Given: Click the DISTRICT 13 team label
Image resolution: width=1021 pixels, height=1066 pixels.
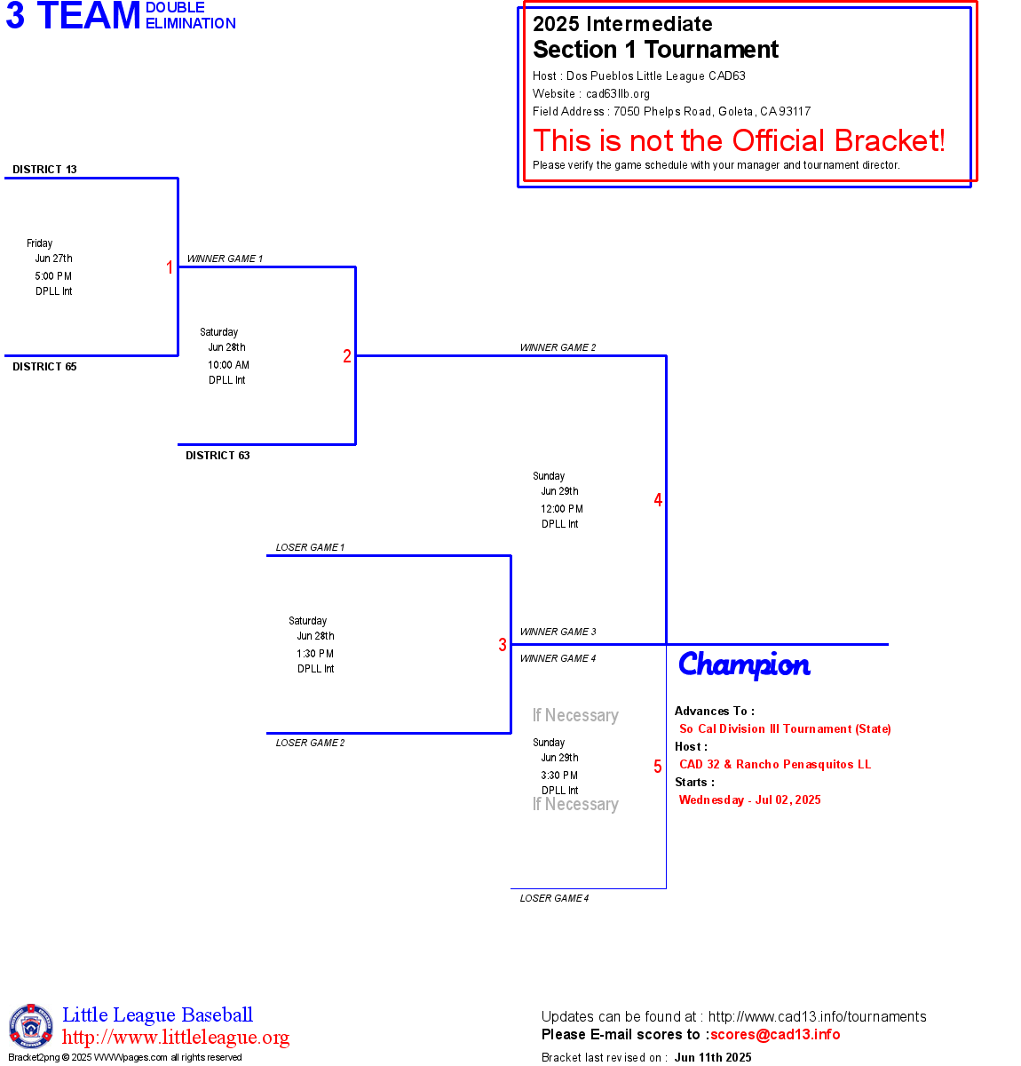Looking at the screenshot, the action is pyautogui.click(x=44, y=170).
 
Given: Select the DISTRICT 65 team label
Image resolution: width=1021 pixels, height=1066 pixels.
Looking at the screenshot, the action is pyautogui.click(x=44, y=367).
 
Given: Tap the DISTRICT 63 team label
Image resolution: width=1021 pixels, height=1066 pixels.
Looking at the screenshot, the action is pyautogui.click(x=218, y=455).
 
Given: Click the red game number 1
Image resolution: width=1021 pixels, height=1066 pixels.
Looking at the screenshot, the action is pyautogui.click(x=170, y=267).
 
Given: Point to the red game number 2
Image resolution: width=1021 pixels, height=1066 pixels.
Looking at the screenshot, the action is pyautogui.click(x=346, y=356).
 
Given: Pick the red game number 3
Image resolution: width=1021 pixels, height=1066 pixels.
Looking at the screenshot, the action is pyautogui.click(x=502, y=644).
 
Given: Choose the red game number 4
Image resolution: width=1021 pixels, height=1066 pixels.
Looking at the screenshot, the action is pyautogui.click(x=658, y=499).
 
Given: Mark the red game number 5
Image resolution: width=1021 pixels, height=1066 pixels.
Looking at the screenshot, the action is pyautogui.click(x=658, y=766).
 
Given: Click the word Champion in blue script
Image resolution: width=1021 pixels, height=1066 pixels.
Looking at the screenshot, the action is pyautogui.click(x=744, y=665).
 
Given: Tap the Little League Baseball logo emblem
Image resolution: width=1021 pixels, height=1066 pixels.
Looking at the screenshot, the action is pyautogui.click(x=31, y=1026).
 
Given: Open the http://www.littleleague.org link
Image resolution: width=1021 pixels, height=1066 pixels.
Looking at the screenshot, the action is pyautogui.click(x=175, y=1037).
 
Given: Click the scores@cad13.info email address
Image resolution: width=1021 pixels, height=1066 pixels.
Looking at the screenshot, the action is pyautogui.click(x=775, y=1034).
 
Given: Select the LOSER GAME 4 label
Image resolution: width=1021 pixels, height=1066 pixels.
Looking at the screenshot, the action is pyautogui.click(x=554, y=898).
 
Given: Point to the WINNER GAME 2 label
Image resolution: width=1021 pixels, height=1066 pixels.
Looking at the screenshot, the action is pyautogui.click(x=558, y=347).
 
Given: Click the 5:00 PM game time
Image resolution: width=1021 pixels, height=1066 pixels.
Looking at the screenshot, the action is pyautogui.click(x=53, y=276).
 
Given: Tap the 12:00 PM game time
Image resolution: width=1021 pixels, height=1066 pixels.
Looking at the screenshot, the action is pyautogui.click(x=562, y=509).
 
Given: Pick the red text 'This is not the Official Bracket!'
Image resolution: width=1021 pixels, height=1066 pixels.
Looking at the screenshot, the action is pyautogui.click(x=739, y=140).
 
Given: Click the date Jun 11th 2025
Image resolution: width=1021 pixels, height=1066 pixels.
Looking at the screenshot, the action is pyautogui.click(x=713, y=1057).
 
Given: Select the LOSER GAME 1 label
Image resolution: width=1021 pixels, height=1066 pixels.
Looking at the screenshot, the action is pyautogui.click(x=310, y=547).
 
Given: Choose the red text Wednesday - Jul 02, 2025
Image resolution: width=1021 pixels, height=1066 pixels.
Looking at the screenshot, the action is pyautogui.click(x=750, y=799).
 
